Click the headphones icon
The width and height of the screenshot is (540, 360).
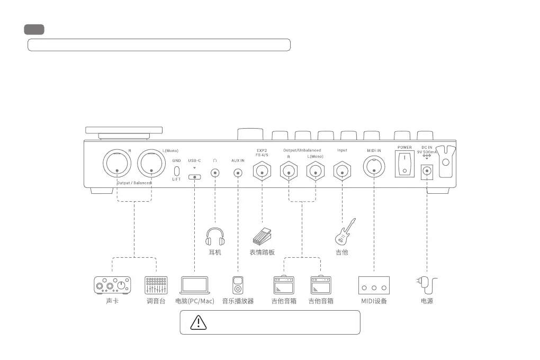(215, 237)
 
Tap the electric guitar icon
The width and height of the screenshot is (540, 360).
(345, 231)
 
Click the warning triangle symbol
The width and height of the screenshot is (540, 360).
(198, 322)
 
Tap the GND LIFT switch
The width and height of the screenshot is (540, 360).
(177, 171)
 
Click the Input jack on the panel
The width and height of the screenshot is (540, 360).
(343, 171)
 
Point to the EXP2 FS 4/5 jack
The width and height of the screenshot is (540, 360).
(262, 171)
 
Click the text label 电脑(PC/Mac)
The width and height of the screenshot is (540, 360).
(195, 301)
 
